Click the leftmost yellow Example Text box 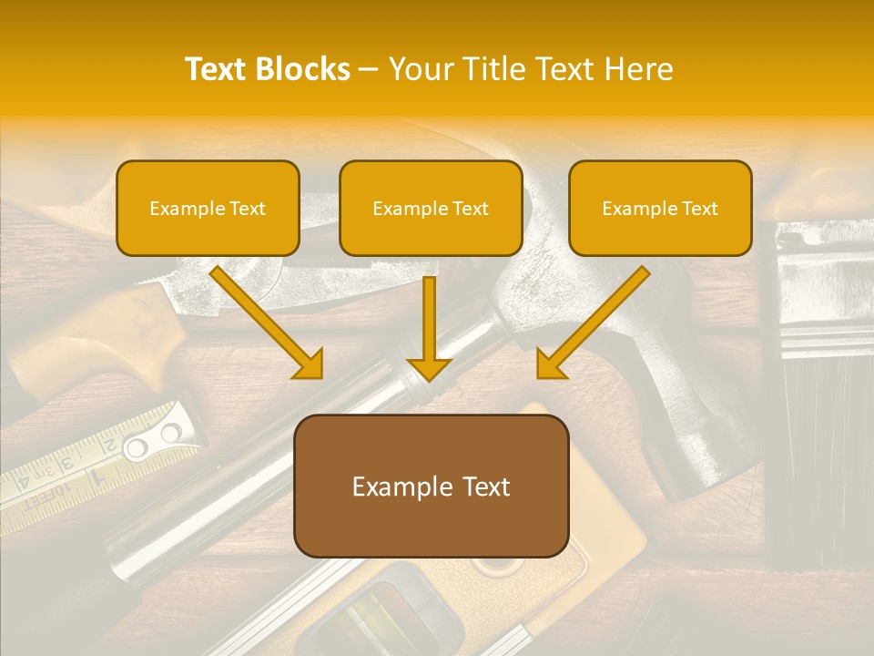pyautogui.click(x=208, y=208)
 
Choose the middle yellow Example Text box pyautogui.click(x=431, y=208)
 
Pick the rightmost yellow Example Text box pyautogui.click(x=660, y=208)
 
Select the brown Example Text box pyautogui.click(x=431, y=486)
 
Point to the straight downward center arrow pyautogui.click(x=429, y=328)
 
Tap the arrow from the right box pyautogui.click(x=592, y=323)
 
